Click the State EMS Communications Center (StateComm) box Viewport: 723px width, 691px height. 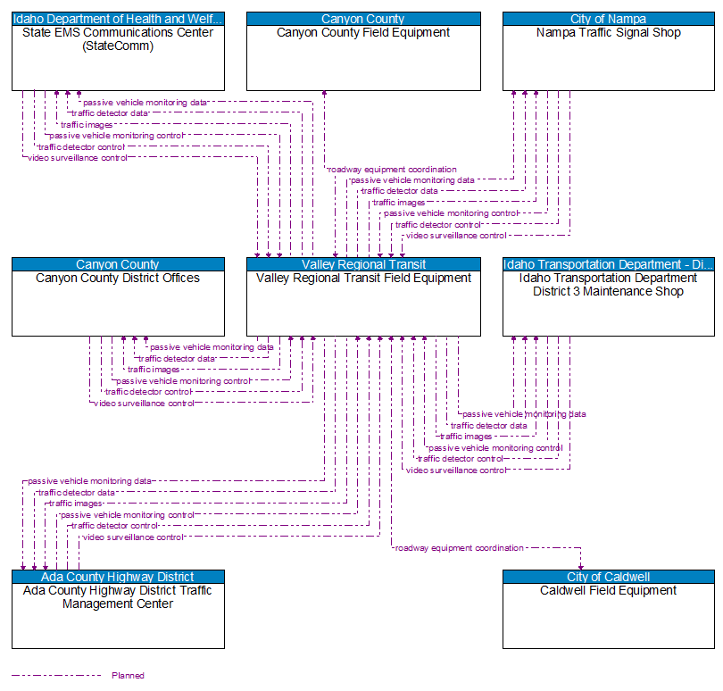click(118, 58)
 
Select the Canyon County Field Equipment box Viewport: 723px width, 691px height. click(363, 58)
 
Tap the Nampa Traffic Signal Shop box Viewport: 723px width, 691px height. click(608, 58)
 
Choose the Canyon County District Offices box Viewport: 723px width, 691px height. click(118, 304)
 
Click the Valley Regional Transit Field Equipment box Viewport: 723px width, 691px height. click(363, 304)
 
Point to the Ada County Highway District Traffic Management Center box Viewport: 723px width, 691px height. click(118, 616)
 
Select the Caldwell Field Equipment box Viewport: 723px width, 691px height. click(608, 616)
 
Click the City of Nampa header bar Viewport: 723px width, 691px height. click(608, 19)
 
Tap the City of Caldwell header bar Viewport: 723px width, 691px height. click(608, 577)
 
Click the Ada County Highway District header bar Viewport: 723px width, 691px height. click(118, 577)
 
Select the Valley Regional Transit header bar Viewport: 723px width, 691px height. click(363, 264)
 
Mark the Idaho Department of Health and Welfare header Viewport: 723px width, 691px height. click(118, 19)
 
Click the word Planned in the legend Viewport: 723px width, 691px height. click(128, 676)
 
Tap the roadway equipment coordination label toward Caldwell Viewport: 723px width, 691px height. click(459, 548)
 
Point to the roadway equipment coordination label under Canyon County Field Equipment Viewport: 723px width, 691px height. click(392, 169)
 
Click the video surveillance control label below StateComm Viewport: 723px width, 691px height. click(77, 158)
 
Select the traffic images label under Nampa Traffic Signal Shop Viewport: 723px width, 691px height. click(398, 203)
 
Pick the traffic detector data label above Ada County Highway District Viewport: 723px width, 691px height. click(76, 493)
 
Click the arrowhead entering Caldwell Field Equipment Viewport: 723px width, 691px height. click(580, 565)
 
